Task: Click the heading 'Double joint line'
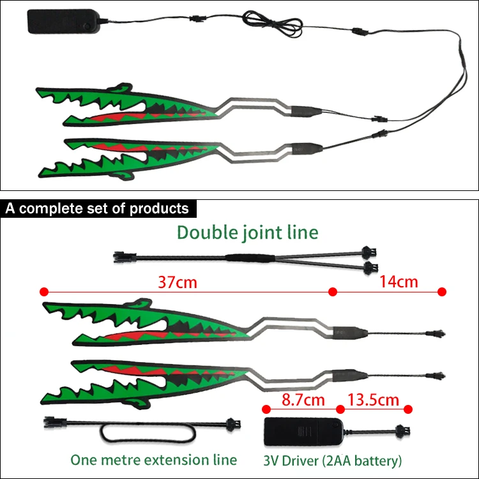pyautogui.click(x=247, y=232)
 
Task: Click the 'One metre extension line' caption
pyautogui.click(x=153, y=459)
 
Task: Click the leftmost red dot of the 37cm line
pyautogui.click(x=44, y=292)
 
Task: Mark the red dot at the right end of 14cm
pyautogui.click(x=441, y=292)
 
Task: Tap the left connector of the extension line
pyautogui.click(x=52, y=422)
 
